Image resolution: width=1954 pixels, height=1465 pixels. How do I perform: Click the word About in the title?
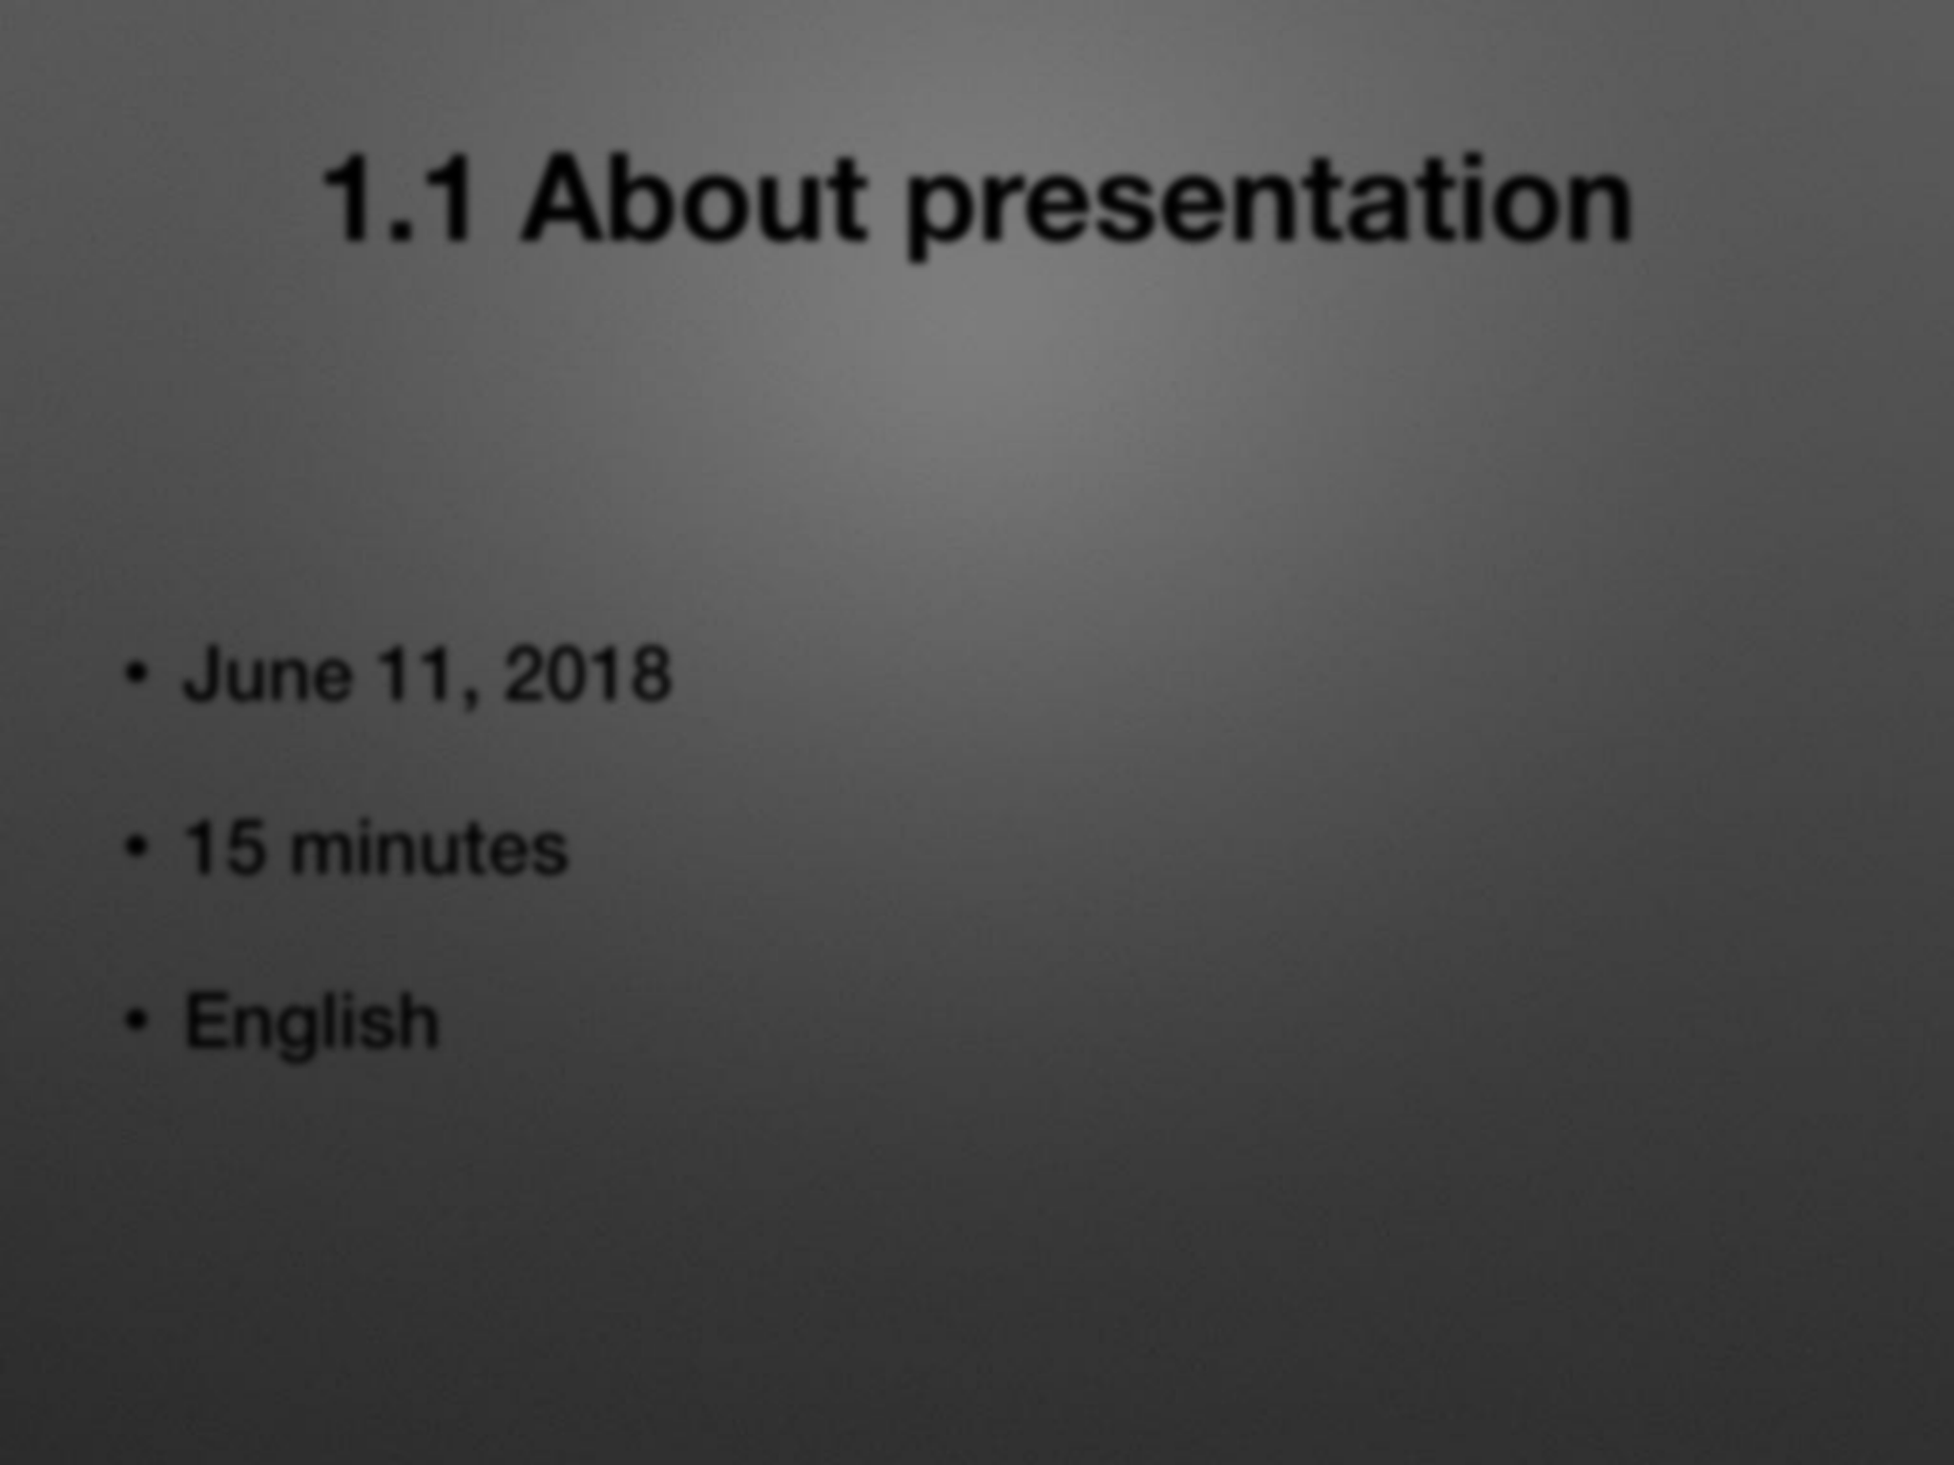695,199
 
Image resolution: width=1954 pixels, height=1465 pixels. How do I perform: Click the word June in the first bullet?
268,673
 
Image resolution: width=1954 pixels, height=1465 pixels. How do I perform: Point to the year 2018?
588,673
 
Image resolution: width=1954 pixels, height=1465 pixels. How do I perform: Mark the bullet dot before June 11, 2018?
137,674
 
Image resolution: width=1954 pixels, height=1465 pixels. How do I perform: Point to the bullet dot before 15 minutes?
137,847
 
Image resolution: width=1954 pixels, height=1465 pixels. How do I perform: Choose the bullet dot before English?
137,1021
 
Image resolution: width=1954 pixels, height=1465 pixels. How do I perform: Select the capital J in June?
204,673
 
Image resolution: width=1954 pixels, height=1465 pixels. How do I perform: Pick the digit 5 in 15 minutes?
245,847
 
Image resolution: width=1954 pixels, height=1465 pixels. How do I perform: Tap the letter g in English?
330,1034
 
